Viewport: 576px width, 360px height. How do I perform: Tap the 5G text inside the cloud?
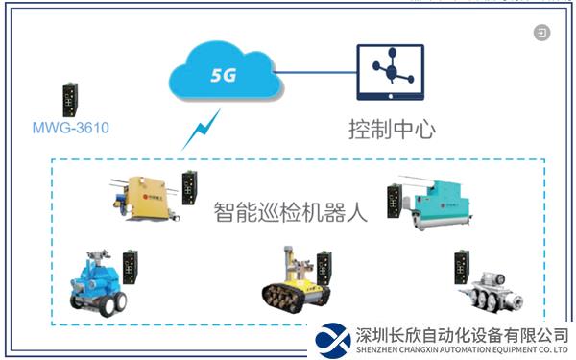click(223, 74)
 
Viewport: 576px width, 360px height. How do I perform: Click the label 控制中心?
click(391, 127)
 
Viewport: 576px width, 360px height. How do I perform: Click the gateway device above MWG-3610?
click(69, 97)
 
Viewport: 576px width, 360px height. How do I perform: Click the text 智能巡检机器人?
click(290, 211)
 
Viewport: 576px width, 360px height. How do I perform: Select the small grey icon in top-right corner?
click(543, 34)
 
